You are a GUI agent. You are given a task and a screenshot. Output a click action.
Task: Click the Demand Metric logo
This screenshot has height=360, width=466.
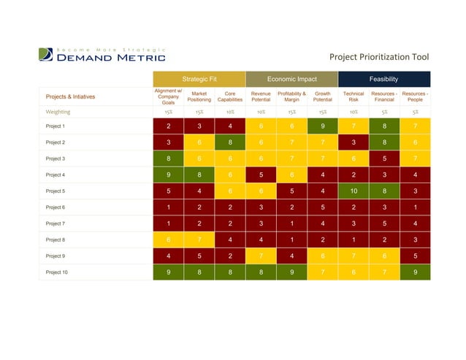coord(102,55)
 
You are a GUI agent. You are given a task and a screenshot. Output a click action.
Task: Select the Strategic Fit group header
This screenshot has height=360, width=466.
coord(199,79)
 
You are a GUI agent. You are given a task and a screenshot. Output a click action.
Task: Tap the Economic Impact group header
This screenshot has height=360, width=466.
coord(291,79)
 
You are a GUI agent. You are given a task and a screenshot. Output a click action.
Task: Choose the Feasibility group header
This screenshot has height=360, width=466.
coord(383,79)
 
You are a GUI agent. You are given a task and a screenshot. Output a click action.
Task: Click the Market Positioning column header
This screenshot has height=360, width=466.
coord(199,96)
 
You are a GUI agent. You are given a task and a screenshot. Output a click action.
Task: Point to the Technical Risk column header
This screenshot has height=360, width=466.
coord(353,96)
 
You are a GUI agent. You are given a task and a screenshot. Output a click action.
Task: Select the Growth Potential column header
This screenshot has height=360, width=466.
coord(322,96)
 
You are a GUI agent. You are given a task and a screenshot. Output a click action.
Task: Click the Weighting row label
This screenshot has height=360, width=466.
coord(58,112)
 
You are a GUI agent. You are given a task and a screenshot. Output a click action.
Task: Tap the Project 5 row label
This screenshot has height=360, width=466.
coord(56,191)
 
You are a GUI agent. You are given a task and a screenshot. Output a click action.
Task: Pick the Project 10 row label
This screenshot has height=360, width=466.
coord(57,272)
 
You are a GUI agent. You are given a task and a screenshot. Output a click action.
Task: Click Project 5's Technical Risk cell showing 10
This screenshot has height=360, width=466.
coord(353,191)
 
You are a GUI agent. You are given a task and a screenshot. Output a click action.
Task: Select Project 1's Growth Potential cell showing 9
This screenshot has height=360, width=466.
coord(322,126)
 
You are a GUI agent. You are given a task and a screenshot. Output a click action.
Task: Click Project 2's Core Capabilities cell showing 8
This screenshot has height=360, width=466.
coord(229,142)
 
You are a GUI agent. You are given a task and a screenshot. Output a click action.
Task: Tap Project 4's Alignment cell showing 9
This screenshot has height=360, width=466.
coord(168,175)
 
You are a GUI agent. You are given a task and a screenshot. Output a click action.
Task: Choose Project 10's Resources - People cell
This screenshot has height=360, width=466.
coord(415,272)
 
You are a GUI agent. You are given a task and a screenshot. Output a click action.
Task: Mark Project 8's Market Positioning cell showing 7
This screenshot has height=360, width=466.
coord(199,240)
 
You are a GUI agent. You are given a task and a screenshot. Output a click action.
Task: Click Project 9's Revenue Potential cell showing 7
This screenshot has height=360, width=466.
coord(261,256)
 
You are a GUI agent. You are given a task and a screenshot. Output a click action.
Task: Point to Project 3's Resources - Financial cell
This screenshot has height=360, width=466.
coord(383,158)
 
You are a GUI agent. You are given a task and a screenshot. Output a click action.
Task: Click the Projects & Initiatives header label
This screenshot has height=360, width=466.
coord(70,96)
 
